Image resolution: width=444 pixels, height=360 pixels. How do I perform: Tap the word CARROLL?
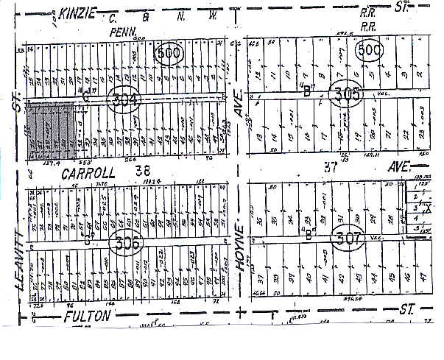pyautogui.click(x=90, y=173)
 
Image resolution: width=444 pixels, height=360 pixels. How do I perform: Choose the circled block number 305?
pyautogui.click(x=346, y=95)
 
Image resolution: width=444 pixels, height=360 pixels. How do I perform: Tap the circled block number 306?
pyautogui.click(x=126, y=240)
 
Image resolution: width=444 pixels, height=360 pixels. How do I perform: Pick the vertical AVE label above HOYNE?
pyautogui.click(x=238, y=107)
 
